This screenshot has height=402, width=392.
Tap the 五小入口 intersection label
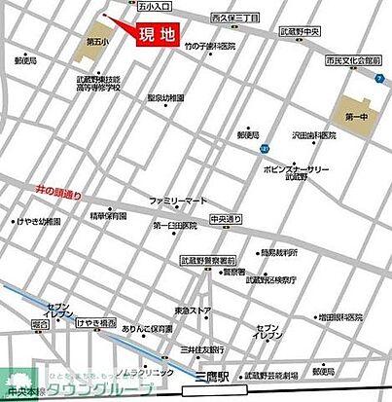[x=126, y=6]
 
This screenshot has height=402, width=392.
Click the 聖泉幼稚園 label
[x=165, y=97]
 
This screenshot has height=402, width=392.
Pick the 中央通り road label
[x=225, y=220]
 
